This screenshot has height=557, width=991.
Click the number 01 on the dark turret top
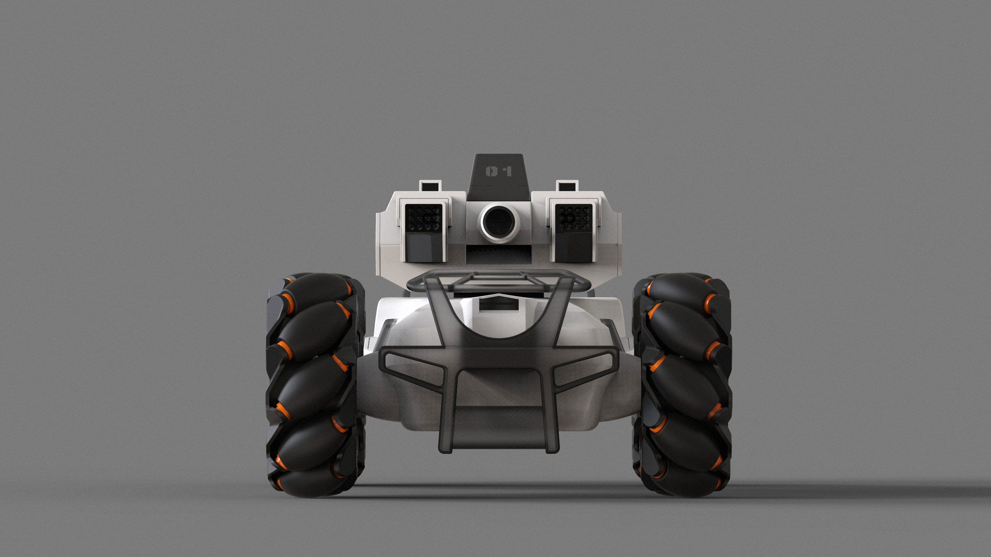point(499,171)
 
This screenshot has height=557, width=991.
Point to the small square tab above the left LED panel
point(429,186)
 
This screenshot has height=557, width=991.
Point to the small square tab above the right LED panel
point(568,186)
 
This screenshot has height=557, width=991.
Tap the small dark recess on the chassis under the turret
point(498,306)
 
